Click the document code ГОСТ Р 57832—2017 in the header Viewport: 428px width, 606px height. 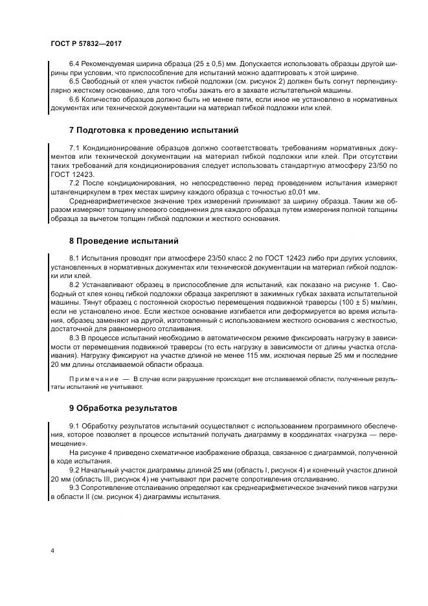tap(85, 43)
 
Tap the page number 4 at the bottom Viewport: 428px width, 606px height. tap(52, 551)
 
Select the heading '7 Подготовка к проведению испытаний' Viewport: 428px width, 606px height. tap(154, 130)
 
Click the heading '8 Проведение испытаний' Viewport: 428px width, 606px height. tap(123, 241)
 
